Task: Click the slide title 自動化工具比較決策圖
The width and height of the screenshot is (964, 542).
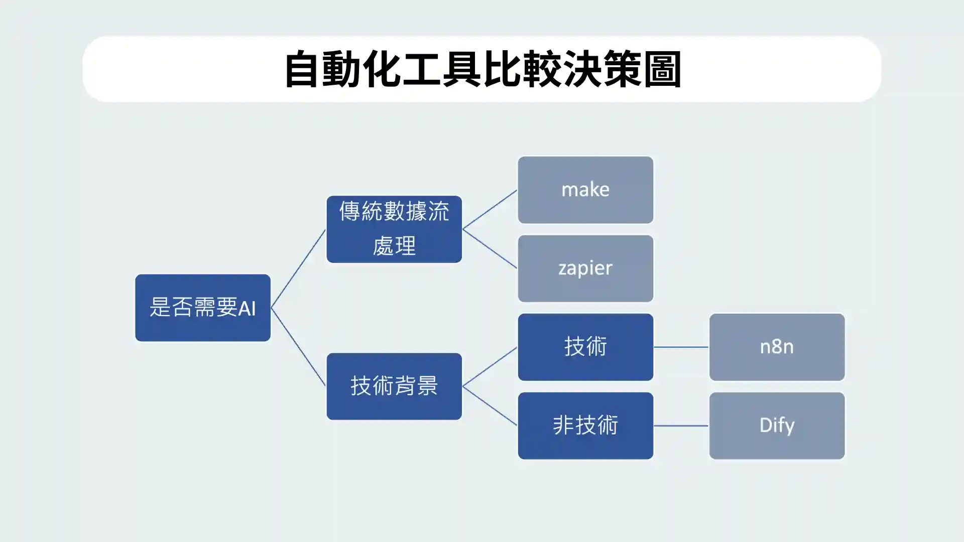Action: pyautogui.click(x=482, y=69)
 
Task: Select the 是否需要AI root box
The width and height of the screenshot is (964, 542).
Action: pyautogui.click(x=202, y=308)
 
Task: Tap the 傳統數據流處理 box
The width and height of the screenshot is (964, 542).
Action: pyautogui.click(x=394, y=229)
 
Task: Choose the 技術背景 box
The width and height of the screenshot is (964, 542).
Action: pyautogui.click(x=394, y=386)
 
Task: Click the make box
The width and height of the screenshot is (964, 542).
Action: pyautogui.click(x=585, y=190)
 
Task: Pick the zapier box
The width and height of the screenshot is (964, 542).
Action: pyautogui.click(x=585, y=268)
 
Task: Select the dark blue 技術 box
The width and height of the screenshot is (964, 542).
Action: pyautogui.click(x=585, y=347)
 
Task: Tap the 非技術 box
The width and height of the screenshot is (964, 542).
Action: pyautogui.click(x=585, y=426)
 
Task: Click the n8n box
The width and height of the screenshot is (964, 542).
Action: pyautogui.click(x=776, y=347)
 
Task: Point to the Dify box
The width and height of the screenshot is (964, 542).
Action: pyautogui.click(x=776, y=426)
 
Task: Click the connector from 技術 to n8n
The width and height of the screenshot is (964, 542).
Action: pyautogui.click(x=681, y=347)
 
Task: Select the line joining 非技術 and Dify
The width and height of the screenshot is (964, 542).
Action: pyautogui.click(x=681, y=426)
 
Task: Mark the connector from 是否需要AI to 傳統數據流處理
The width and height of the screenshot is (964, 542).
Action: pyautogui.click(x=298, y=268)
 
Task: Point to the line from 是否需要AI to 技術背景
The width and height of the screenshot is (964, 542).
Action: pyautogui.click(x=298, y=347)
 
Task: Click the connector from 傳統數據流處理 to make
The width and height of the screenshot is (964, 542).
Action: pyautogui.click(x=490, y=209)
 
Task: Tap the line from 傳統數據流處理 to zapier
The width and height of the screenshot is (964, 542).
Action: pyautogui.click(x=490, y=248)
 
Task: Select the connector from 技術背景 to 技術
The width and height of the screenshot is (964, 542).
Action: pyautogui.click(x=490, y=367)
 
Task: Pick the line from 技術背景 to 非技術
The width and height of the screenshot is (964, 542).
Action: pyautogui.click(x=490, y=405)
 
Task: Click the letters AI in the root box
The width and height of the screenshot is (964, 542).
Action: pyautogui.click(x=247, y=308)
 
